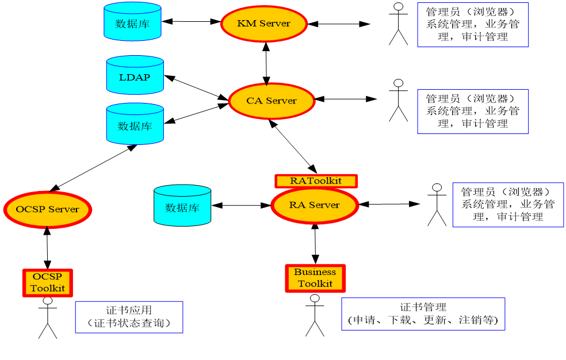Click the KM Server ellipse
click(x=264, y=24)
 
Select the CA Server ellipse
click(x=271, y=101)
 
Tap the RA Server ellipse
click(x=315, y=205)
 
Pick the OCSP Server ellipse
click(x=48, y=209)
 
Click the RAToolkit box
click(x=316, y=181)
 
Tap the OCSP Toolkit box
click(x=48, y=283)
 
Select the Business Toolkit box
click(x=315, y=278)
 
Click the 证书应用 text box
click(x=129, y=317)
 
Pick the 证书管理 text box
click(x=423, y=314)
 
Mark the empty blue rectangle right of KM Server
click(x=473, y=25)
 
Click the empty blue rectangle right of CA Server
click(x=473, y=112)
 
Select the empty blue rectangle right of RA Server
click(x=508, y=205)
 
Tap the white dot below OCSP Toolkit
click(x=48, y=301)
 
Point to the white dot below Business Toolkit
click(x=315, y=298)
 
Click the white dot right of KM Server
click(x=398, y=6)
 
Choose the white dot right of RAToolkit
click(x=437, y=187)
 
